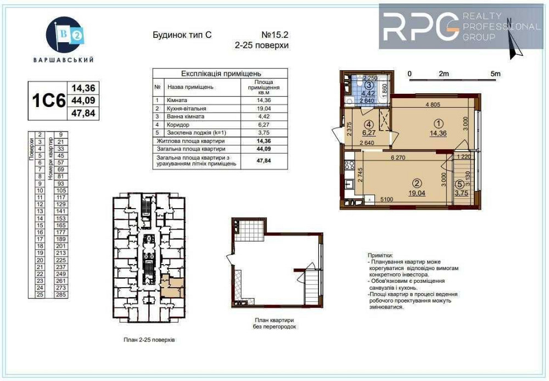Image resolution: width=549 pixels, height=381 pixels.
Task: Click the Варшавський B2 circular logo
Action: pos(66,35)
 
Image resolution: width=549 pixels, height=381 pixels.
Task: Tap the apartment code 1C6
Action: pos(48,101)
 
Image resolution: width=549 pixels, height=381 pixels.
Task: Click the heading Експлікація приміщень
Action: pos(221,73)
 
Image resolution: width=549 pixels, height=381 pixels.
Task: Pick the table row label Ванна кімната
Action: pos(186,116)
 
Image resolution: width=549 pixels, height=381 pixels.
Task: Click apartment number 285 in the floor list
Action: pos(60,294)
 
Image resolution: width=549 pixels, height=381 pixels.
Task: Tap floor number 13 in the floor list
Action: pos(40,211)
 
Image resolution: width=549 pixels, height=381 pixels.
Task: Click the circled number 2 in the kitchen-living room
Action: pos(417,184)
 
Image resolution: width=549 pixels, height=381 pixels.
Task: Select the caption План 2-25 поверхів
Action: pos(149,340)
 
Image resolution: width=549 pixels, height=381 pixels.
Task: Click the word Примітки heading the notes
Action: pos(379,255)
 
